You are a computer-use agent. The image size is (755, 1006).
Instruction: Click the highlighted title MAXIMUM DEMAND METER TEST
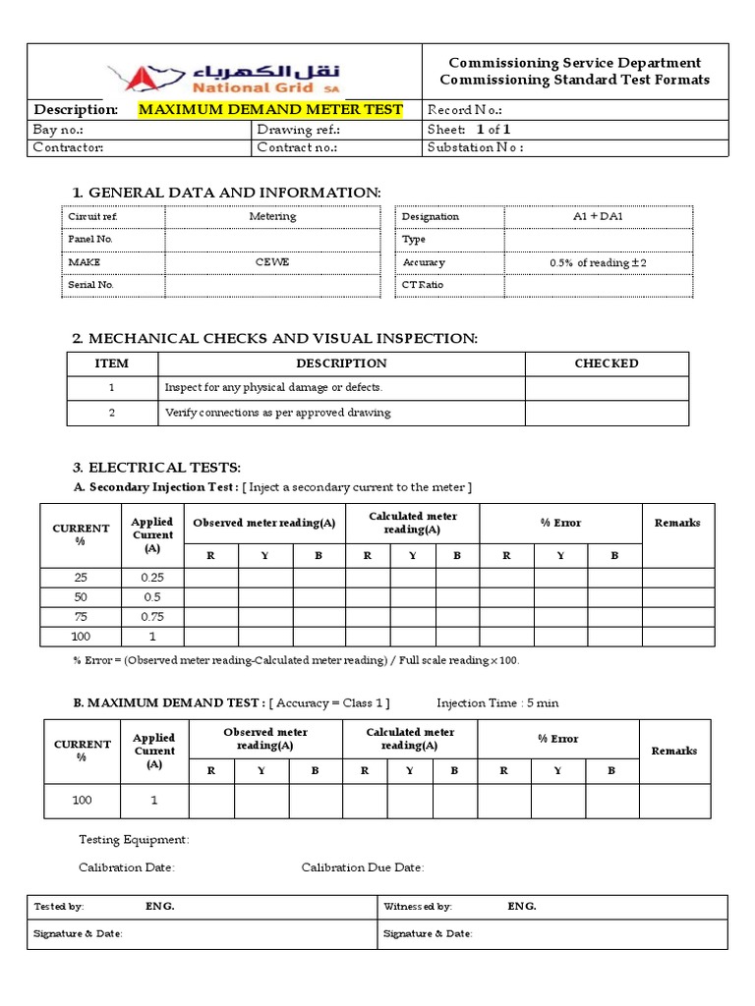pyautogui.click(x=270, y=109)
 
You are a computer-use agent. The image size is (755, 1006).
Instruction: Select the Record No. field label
pyautogui.click(x=465, y=109)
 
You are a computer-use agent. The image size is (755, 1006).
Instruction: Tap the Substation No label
pyautogui.click(x=475, y=147)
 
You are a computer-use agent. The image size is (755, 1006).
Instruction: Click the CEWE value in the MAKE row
pyautogui.click(x=272, y=262)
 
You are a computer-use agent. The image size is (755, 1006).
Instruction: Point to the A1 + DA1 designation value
pyautogui.click(x=598, y=216)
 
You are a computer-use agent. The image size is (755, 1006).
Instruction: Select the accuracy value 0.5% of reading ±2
pyautogui.click(x=598, y=262)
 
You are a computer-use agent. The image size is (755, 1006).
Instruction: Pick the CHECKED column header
pyautogui.click(x=606, y=363)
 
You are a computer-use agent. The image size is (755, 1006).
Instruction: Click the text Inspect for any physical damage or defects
pyautogui.click(x=273, y=387)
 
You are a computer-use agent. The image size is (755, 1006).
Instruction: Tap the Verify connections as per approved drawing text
pyautogui.click(x=277, y=413)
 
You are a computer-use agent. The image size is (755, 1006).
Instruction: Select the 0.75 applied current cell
pyautogui.click(x=152, y=617)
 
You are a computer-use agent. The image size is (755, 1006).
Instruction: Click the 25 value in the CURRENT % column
pyautogui.click(x=82, y=578)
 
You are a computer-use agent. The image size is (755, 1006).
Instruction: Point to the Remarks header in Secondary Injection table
pyautogui.click(x=676, y=523)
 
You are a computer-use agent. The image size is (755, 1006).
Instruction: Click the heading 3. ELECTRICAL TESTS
pyautogui.click(x=156, y=467)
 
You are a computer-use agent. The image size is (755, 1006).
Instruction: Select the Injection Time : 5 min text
pyautogui.click(x=497, y=702)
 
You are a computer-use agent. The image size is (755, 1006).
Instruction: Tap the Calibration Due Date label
pyautogui.click(x=362, y=867)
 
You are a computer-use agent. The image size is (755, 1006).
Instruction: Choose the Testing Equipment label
pyautogui.click(x=134, y=839)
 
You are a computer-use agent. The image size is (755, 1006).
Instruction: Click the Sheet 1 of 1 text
pyautogui.click(x=469, y=129)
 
